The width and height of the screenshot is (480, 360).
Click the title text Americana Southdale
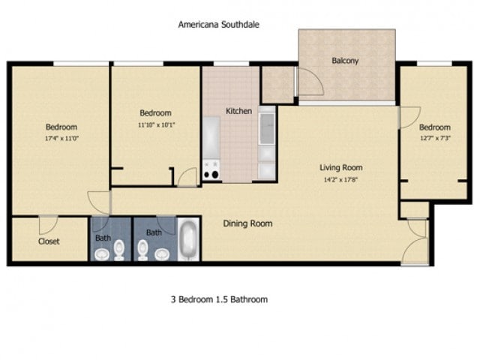(218, 24)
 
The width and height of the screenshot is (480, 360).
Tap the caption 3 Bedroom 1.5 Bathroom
(219, 299)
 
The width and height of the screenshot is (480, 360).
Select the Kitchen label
(238, 111)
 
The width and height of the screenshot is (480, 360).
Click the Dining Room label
(247, 223)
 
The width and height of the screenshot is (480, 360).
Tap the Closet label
(49, 241)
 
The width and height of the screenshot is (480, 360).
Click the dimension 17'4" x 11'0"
(61, 139)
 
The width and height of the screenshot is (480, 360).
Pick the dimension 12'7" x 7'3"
(434, 139)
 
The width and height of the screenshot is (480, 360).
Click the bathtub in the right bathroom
(188, 240)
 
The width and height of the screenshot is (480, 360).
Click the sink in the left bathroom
(118, 253)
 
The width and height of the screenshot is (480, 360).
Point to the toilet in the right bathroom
(142, 248)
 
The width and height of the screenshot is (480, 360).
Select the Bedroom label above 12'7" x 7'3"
(434, 127)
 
